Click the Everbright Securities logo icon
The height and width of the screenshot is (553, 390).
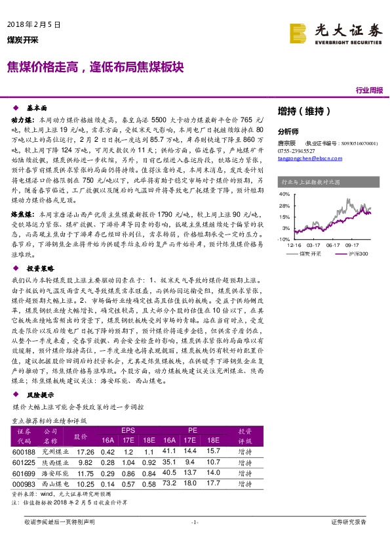pos(299,32)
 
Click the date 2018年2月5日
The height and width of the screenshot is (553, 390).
pos(33,24)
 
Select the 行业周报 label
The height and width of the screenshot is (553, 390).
pos(369,90)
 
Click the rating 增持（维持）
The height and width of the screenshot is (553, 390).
pos(299,110)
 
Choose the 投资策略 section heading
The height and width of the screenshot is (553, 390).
pos(39,269)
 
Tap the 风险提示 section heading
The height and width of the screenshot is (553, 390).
pos(39,396)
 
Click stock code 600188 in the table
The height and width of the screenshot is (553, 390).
pos(24,451)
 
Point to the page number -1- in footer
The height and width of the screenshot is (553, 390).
pos(194,521)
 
